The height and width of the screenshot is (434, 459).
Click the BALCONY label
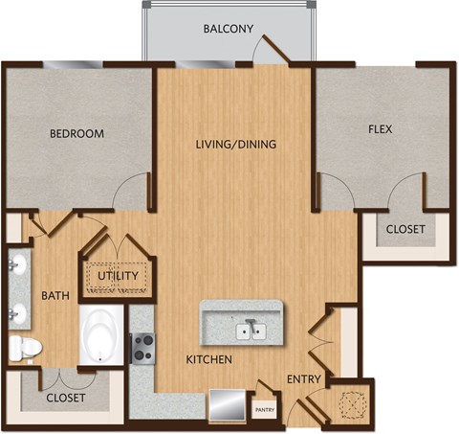[228, 29]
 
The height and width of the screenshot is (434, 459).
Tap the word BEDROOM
[76, 133]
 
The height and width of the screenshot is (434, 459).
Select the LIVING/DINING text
[235, 145]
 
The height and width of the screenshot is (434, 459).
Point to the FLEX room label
[380, 128]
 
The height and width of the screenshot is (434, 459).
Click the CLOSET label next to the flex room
[406, 229]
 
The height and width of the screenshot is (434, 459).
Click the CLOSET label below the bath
[65, 397]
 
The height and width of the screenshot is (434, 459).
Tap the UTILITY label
[120, 277]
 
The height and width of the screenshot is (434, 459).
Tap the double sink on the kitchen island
[251, 331]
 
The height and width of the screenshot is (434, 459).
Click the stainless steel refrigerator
[228, 400]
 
